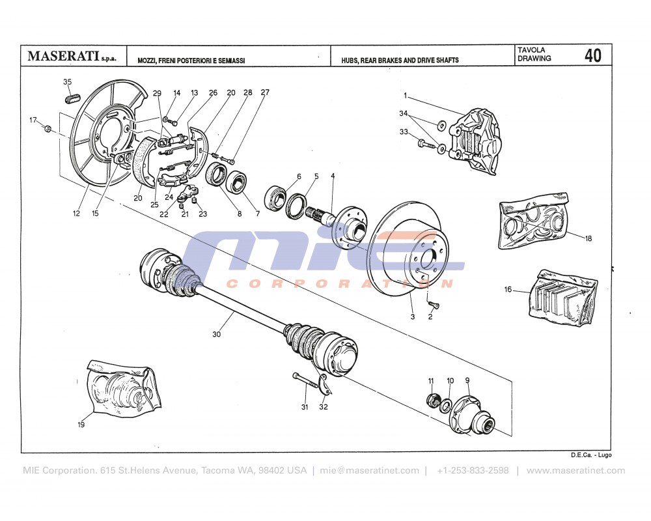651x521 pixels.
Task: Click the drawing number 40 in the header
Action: click(x=592, y=55)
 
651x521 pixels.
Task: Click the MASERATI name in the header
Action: click(x=62, y=57)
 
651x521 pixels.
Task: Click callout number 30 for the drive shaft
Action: click(x=217, y=334)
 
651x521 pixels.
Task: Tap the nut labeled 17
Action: click(x=48, y=128)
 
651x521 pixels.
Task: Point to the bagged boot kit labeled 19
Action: click(x=121, y=391)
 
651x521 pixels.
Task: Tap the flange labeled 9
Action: click(x=471, y=414)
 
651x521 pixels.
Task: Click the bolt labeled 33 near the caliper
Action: click(x=426, y=143)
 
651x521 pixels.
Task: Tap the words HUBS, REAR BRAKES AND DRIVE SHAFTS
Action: click(x=400, y=60)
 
